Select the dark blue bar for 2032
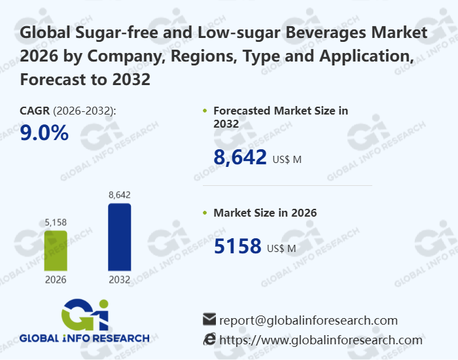[x=119, y=236]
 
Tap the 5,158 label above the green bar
[x=56, y=223]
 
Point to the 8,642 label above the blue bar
[x=119, y=194]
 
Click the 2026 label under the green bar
[x=56, y=279]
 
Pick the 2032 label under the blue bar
[x=119, y=279]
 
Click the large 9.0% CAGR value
[x=44, y=133]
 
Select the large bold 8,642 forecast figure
[x=240, y=156]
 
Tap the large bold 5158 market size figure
[x=238, y=246]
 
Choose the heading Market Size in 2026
[x=265, y=213]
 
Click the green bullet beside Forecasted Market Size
[x=205, y=111]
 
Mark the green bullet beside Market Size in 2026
[x=205, y=213]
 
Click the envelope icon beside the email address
[x=209, y=319]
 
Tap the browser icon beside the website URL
[x=209, y=339]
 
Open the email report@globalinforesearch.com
[x=308, y=320]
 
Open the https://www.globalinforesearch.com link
[x=321, y=340]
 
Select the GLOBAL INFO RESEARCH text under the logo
[x=84, y=338]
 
